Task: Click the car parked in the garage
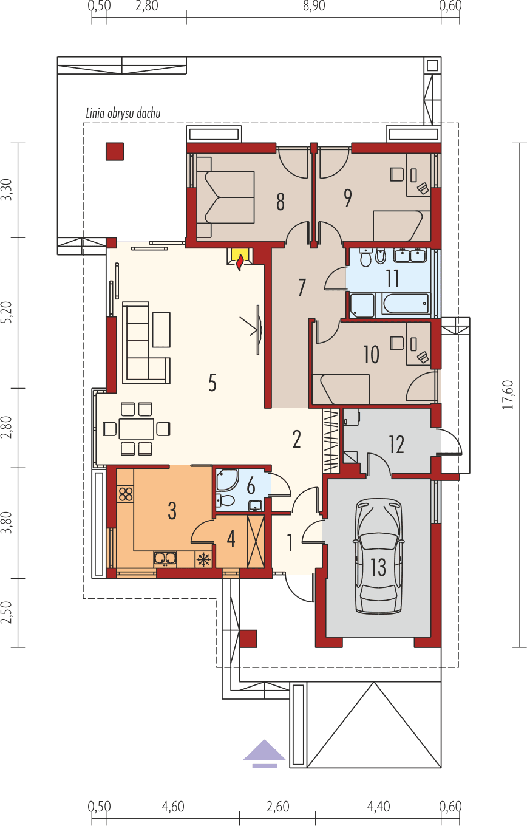379,556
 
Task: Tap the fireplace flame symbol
240,262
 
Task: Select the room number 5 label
212,383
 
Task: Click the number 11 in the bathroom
392,278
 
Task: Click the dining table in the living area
136,429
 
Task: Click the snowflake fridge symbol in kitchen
203,559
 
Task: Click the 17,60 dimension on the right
509,395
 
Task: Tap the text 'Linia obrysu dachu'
123,114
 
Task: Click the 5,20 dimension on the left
7,313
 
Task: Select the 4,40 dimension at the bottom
378,807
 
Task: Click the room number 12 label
396,445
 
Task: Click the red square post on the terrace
115,151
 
